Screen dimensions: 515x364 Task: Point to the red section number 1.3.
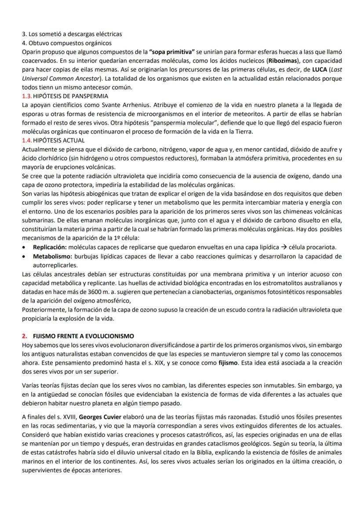27,96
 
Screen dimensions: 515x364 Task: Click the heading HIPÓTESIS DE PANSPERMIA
71,96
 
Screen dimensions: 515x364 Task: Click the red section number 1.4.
27,140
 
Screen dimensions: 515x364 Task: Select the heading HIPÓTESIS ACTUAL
59,140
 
